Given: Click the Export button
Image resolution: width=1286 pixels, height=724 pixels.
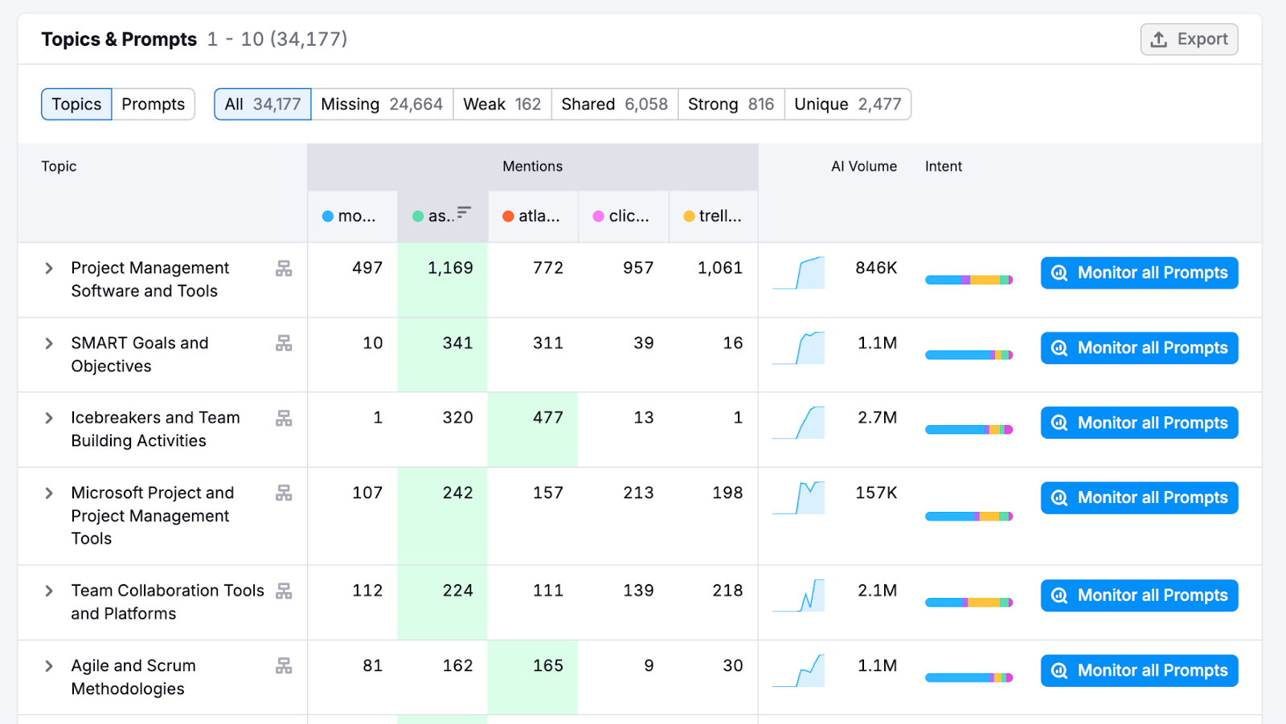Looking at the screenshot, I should point(1189,39).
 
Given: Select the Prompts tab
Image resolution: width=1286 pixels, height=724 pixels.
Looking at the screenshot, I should point(153,104).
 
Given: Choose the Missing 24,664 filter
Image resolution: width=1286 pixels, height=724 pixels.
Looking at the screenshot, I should point(382,104).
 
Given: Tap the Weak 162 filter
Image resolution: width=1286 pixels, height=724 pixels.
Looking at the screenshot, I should point(502,104).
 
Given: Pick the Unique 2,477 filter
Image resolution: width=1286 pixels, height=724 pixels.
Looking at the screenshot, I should point(847,104).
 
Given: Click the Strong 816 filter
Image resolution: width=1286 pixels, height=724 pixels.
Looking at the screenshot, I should point(731,104).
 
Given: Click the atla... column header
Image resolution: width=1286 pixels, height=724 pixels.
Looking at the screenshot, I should point(532,216).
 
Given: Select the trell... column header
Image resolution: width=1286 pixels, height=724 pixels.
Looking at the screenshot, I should point(713,216).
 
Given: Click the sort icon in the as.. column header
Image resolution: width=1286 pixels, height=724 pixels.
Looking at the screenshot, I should point(464,213).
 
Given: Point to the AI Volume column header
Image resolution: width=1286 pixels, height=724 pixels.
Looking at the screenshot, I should point(863,166).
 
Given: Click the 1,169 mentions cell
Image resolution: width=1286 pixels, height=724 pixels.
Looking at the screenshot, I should point(450,268).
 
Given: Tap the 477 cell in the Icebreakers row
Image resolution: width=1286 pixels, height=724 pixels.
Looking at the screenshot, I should point(547,418).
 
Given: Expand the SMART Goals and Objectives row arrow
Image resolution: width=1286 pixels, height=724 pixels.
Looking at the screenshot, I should point(49,344).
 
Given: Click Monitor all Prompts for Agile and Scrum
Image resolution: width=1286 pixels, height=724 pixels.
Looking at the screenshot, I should point(1139,671).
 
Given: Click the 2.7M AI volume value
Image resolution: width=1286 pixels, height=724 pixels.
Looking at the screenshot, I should point(877,418).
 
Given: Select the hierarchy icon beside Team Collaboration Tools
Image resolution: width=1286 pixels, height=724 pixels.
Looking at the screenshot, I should point(284,591).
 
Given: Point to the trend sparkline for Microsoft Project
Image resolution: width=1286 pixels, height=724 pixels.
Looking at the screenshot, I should point(799,498).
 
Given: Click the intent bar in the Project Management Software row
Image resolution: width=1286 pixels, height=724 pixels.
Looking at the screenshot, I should point(969,280).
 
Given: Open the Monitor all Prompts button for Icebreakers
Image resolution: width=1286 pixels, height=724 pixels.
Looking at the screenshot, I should point(1139,423).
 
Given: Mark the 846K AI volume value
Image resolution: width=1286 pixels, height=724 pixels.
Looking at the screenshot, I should point(876,268).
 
